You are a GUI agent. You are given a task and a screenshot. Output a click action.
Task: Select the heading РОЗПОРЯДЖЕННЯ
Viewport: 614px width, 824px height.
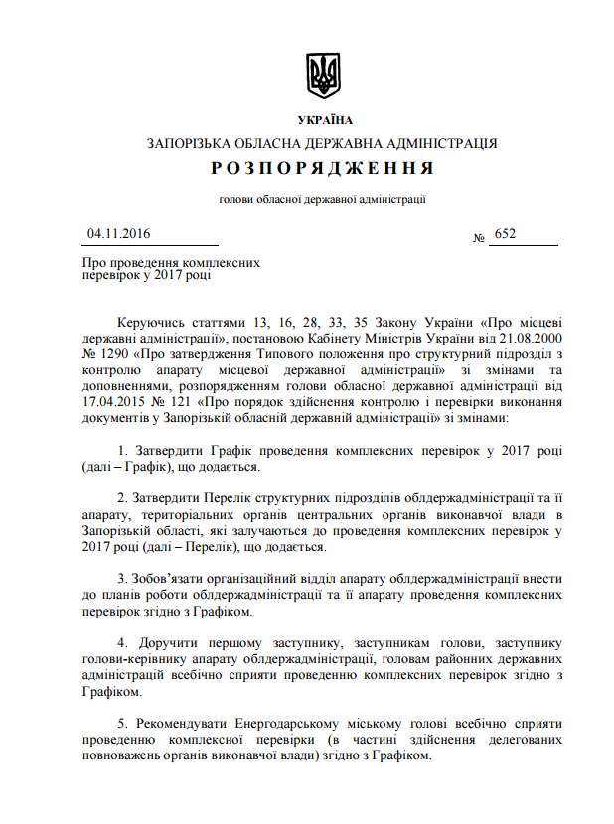coord(322,168)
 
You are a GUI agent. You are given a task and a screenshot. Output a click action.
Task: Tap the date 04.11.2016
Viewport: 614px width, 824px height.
coord(117,234)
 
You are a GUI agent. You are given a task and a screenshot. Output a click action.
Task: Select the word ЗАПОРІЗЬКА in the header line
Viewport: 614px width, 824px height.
coord(188,143)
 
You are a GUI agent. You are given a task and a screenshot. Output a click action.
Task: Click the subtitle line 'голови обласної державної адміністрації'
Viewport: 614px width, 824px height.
coord(322,199)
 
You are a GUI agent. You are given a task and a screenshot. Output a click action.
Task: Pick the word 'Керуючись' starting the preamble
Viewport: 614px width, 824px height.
coord(149,324)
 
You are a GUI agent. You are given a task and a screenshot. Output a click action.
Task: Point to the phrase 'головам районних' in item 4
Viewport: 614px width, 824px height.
coord(428,660)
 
